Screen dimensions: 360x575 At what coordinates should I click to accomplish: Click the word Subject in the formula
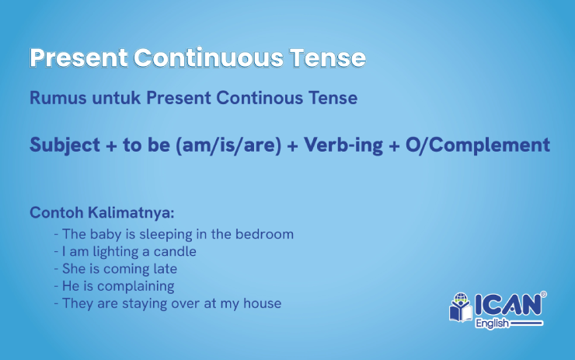[65, 145]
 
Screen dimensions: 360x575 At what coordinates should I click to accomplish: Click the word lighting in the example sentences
[117, 251]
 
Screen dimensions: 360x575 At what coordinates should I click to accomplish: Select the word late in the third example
[164, 268]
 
